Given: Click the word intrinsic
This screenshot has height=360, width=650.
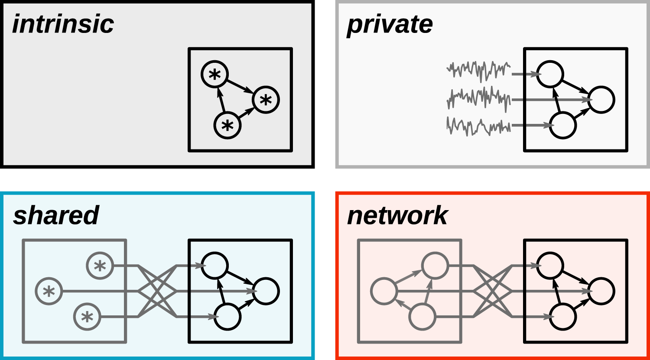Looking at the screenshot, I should pyautogui.click(x=63, y=24).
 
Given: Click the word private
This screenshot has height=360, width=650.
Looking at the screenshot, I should pyautogui.click(x=390, y=25).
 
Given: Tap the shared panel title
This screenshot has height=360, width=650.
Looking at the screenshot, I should pyautogui.click(x=56, y=215).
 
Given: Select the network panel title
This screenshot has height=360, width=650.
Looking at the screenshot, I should pyautogui.click(x=397, y=215).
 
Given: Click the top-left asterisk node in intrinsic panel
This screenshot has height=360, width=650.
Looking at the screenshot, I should pyautogui.click(x=214, y=75).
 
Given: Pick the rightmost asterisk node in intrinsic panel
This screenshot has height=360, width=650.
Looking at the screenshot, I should pyautogui.click(x=266, y=100).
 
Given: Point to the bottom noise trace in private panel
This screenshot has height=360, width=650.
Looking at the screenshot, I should pyautogui.click(x=478, y=126).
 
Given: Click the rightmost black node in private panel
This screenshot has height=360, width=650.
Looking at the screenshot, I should pyautogui.click(x=601, y=100).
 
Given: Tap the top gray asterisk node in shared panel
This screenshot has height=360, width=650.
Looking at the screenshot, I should pyautogui.click(x=100, y=266).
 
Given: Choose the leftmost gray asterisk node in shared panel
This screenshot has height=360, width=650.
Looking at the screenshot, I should pyautogui.click(x=49, y=291).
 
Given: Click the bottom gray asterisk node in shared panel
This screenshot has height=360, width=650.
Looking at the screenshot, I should pyautogui.click(x=87, y=317).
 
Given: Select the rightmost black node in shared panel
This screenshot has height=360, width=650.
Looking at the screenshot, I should pyautogui.click(x=266, y=291).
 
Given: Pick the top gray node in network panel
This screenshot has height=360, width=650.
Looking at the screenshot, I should pyautogui.click(x=435, y=266).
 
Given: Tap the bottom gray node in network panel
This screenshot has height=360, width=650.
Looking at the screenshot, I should pyautogui.click(x=422, y=317).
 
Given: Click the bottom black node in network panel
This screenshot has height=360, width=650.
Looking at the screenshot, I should pyautogui.click(x=563, y=317).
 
